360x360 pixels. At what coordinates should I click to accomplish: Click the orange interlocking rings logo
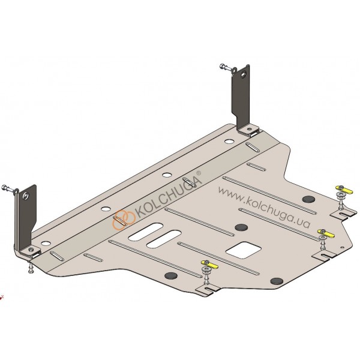pyautogui.click(x=123, y=219)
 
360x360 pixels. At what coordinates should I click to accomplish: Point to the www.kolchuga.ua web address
pyautogui.click(x=264, y=207)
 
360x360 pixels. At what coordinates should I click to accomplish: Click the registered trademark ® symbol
pyautogui.click(x=199, y=173)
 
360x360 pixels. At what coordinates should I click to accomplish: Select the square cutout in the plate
pyautogui.click(x=244, y=250)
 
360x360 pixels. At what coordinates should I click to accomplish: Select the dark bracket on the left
pyautogui.click(x=26, y=220)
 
